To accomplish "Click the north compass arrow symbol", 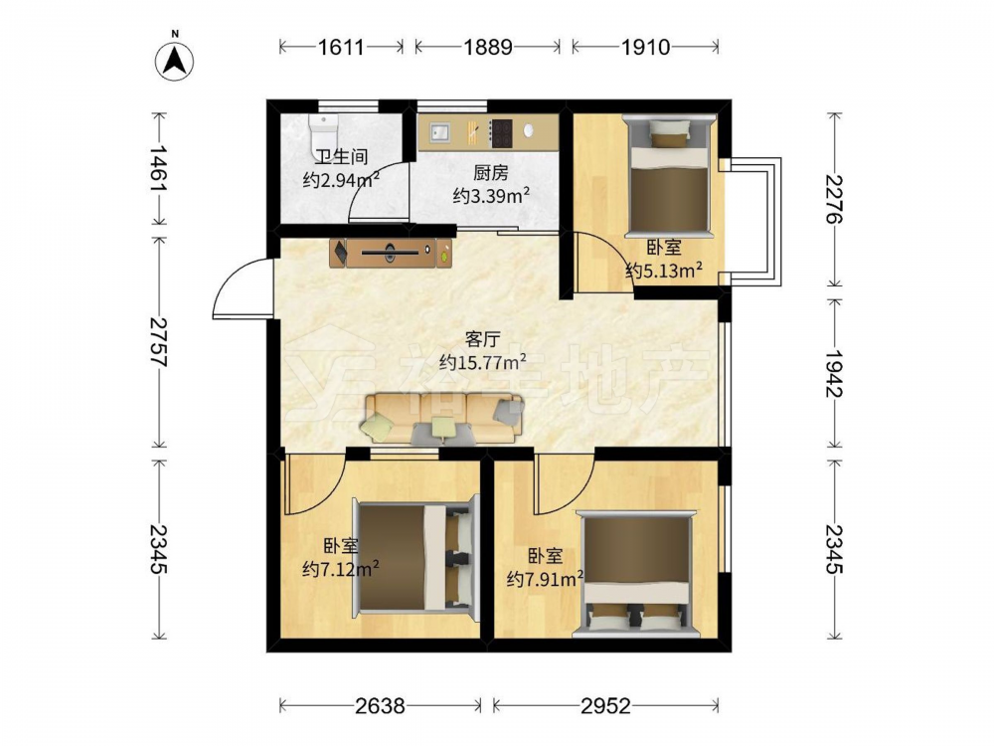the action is click(174, 61).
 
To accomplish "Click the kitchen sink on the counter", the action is click(438, 132).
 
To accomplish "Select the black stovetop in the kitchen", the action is click(502, 133).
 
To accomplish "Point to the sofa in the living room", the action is click(443, 418).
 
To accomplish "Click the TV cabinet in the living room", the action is click(391, 253).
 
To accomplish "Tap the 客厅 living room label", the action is click(482, 339).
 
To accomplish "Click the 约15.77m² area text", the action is click(483, 362).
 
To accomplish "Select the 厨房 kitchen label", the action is click(491, 172).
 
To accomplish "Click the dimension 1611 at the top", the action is click(341, 47).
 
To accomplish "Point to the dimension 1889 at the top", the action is click(487, 47).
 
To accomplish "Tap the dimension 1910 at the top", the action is click(645, 47).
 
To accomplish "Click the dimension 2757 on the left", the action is click(158, 342).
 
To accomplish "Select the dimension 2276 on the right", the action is click(834, 199).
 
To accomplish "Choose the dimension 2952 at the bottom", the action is click(606, 705).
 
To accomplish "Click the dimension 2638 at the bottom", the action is click(380, 705).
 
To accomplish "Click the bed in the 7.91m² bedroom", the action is click(636, 572).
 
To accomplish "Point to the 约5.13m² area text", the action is click(664, 271).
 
